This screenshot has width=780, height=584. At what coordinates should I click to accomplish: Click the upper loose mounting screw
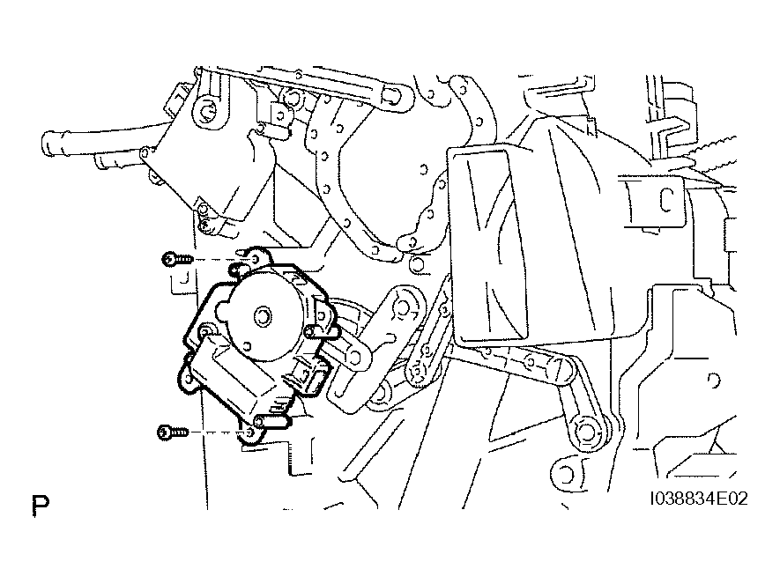[x=177, y=259]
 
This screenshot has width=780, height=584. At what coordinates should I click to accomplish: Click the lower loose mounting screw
[x=173, y=432]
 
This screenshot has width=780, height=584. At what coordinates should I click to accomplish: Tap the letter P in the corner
[x=41, y=506]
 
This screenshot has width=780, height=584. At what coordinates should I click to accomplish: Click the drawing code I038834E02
[x=699, y=499]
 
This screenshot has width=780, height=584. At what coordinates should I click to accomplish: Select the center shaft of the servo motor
[x=262, y=315]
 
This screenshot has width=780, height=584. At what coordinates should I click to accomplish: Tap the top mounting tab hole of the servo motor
[x=256, y=259]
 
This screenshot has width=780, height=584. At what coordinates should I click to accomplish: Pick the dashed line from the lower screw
[x=217, y=432]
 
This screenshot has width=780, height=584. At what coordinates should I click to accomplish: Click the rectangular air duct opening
[x=489, y=246]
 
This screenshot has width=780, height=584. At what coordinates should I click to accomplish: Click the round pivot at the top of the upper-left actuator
[x=206, y=110]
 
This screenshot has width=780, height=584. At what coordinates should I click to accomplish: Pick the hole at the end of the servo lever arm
[x=353, y=357]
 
